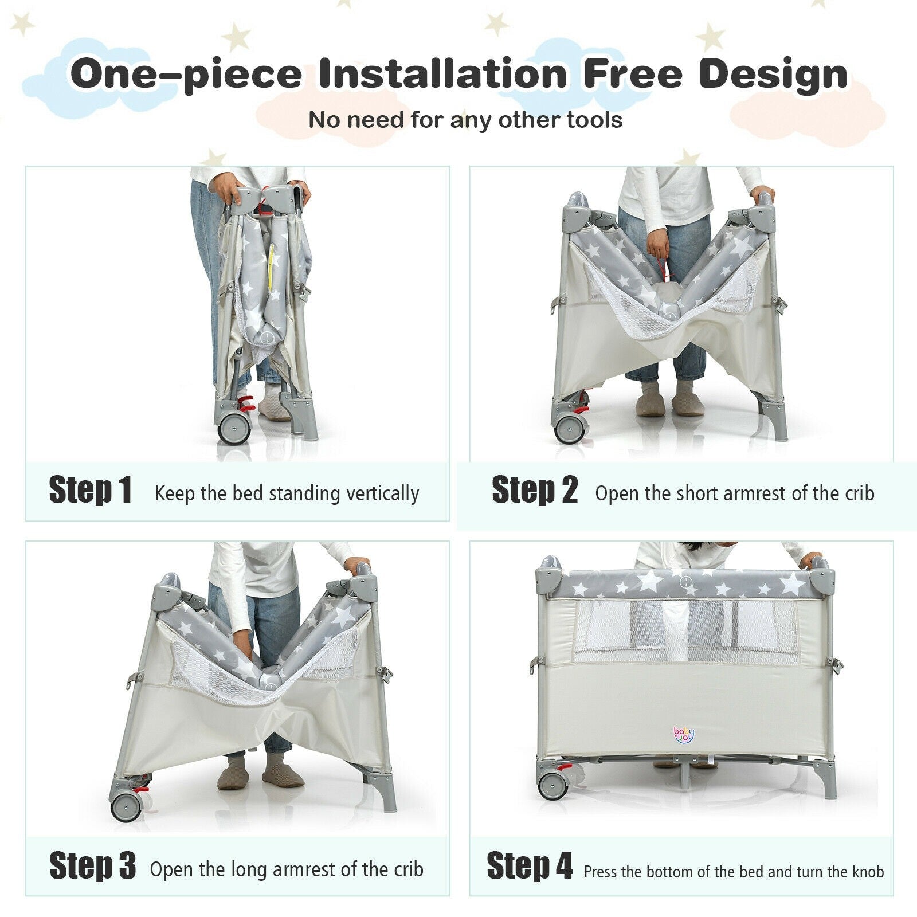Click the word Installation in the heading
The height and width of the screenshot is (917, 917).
pyautogui.click(x=442, y=73)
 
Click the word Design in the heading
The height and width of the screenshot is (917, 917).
pyautogui.click(x=773, y=75)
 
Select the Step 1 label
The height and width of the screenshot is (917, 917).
pyautogui.click(x=90, y=490)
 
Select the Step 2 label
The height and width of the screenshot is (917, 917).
pyautogui.click(x=534, y=490)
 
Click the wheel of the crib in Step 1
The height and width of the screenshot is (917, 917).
pyautogui.click(x=234, y=428)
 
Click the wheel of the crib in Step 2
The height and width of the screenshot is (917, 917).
pyautogui.click(x=569, y=428)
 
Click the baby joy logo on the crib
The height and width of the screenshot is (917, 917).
pyautogui.click(x=683, y=735)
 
